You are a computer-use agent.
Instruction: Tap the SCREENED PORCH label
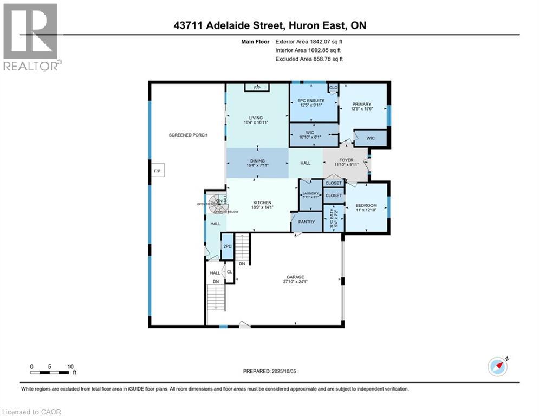188,135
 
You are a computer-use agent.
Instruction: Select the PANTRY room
307,222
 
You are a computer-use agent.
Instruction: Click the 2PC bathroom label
227,246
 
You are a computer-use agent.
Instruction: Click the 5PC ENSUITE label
311,101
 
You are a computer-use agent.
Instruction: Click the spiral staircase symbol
219,205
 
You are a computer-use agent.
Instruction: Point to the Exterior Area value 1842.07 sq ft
324,41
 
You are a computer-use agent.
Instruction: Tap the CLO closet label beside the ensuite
333,87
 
